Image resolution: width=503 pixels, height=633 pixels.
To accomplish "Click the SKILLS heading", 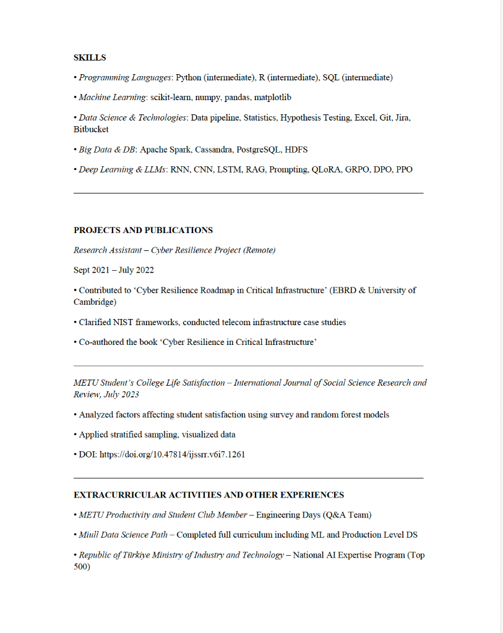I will coord(90,57).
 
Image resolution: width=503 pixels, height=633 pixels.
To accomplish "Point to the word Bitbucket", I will coord(91,130).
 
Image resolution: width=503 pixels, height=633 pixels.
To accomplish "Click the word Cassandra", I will coord(213,150).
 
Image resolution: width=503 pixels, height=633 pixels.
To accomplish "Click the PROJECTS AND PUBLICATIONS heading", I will coord(143,230).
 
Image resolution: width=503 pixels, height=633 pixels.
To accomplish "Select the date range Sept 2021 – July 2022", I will coord(114,270).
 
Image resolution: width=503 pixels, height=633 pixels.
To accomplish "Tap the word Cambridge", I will coord(95,302).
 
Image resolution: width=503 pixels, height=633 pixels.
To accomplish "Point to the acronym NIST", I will coord(125,322).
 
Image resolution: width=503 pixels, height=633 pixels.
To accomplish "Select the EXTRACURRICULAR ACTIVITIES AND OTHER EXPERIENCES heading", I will coord(209,495).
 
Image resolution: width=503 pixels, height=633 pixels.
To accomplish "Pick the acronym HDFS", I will coord(296,150).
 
